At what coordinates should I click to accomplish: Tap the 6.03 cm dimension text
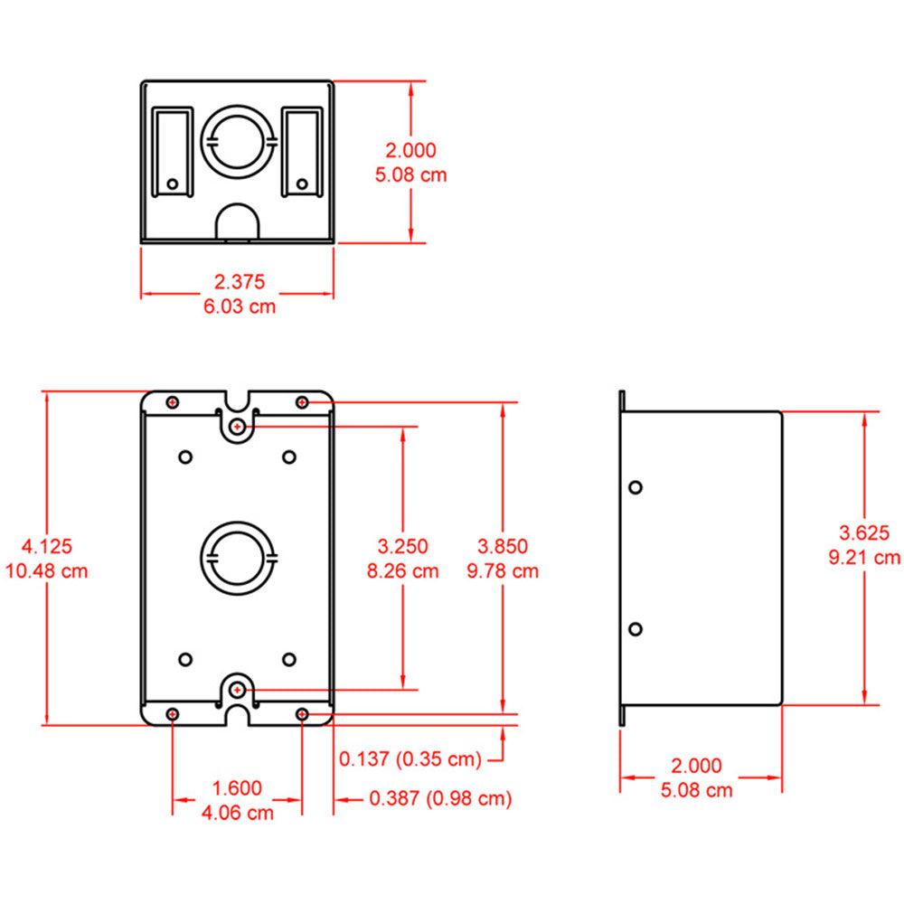click(x=240, y=306)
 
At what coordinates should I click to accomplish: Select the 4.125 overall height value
click(x=47, y=546)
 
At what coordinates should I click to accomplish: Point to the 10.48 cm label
click(x=47, y=570)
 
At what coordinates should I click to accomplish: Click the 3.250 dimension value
click(x=402, y=546)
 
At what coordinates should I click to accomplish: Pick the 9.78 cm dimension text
click(x=503, y=570)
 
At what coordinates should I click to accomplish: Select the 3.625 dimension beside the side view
click(x=864, y=532)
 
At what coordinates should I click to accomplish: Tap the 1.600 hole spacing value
click(x=236, y=787)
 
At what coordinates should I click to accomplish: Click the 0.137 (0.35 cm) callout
click(x=410, y=758)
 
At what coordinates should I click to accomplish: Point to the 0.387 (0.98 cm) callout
click(x=440, y=798)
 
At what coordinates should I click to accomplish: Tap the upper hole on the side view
click(x=636, y=487)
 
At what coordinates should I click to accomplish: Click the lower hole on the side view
click(x=636, y=628)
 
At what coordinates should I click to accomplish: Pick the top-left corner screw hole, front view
click(x=173, y=401)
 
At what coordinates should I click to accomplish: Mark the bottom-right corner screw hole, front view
click(x=302, y=714)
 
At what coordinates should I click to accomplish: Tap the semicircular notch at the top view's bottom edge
click(x=239, y=224)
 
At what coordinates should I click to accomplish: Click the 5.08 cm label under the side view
click(x=696, y=791)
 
